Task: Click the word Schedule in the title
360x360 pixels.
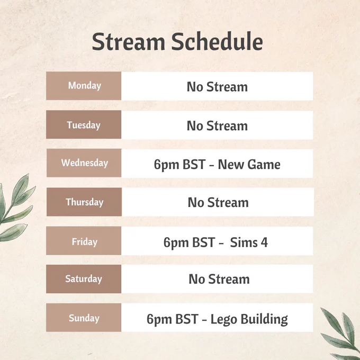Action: coord(217,41)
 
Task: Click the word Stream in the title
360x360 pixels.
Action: coord(129,41)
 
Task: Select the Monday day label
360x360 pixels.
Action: coord(85,86)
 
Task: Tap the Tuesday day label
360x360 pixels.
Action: coord(84,125)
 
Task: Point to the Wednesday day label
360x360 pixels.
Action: coord(85,163)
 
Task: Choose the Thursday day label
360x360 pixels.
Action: coord(85,202)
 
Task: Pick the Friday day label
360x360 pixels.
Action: coord(85,242)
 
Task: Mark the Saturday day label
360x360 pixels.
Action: coord(84,279)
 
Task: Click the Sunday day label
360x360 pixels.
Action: coord(84,318)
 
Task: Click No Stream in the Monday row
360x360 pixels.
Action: coord(217,87)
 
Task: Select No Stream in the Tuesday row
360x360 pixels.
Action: coord(217,126)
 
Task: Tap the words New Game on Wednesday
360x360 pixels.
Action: coord(249,165)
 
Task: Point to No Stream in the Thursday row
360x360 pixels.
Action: coord(218,203)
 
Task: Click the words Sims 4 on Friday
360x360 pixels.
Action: coord(249,242)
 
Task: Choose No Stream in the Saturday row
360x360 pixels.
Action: coord(219,280)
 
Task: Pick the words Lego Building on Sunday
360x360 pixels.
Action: coord(249,319)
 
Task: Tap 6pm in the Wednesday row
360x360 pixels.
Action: coord(166,165)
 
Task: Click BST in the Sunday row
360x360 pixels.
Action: coord(187,319)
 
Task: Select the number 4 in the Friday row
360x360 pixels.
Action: coord(264,242)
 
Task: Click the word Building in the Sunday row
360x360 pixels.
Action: coord(264,319)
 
